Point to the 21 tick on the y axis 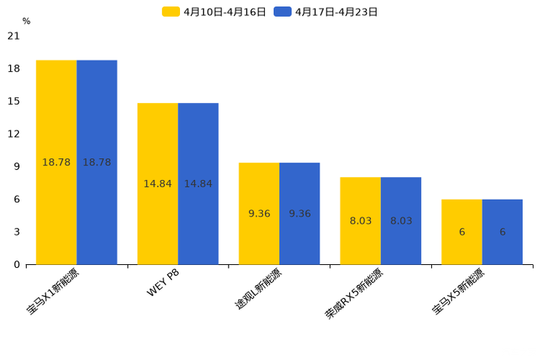(13, 36)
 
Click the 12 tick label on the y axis (13, 134)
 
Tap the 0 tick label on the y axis (17, 264)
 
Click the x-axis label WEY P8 (163, 282)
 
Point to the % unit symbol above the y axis (26, 21)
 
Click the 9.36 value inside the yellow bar (259, 213)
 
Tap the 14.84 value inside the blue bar (198, 184)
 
